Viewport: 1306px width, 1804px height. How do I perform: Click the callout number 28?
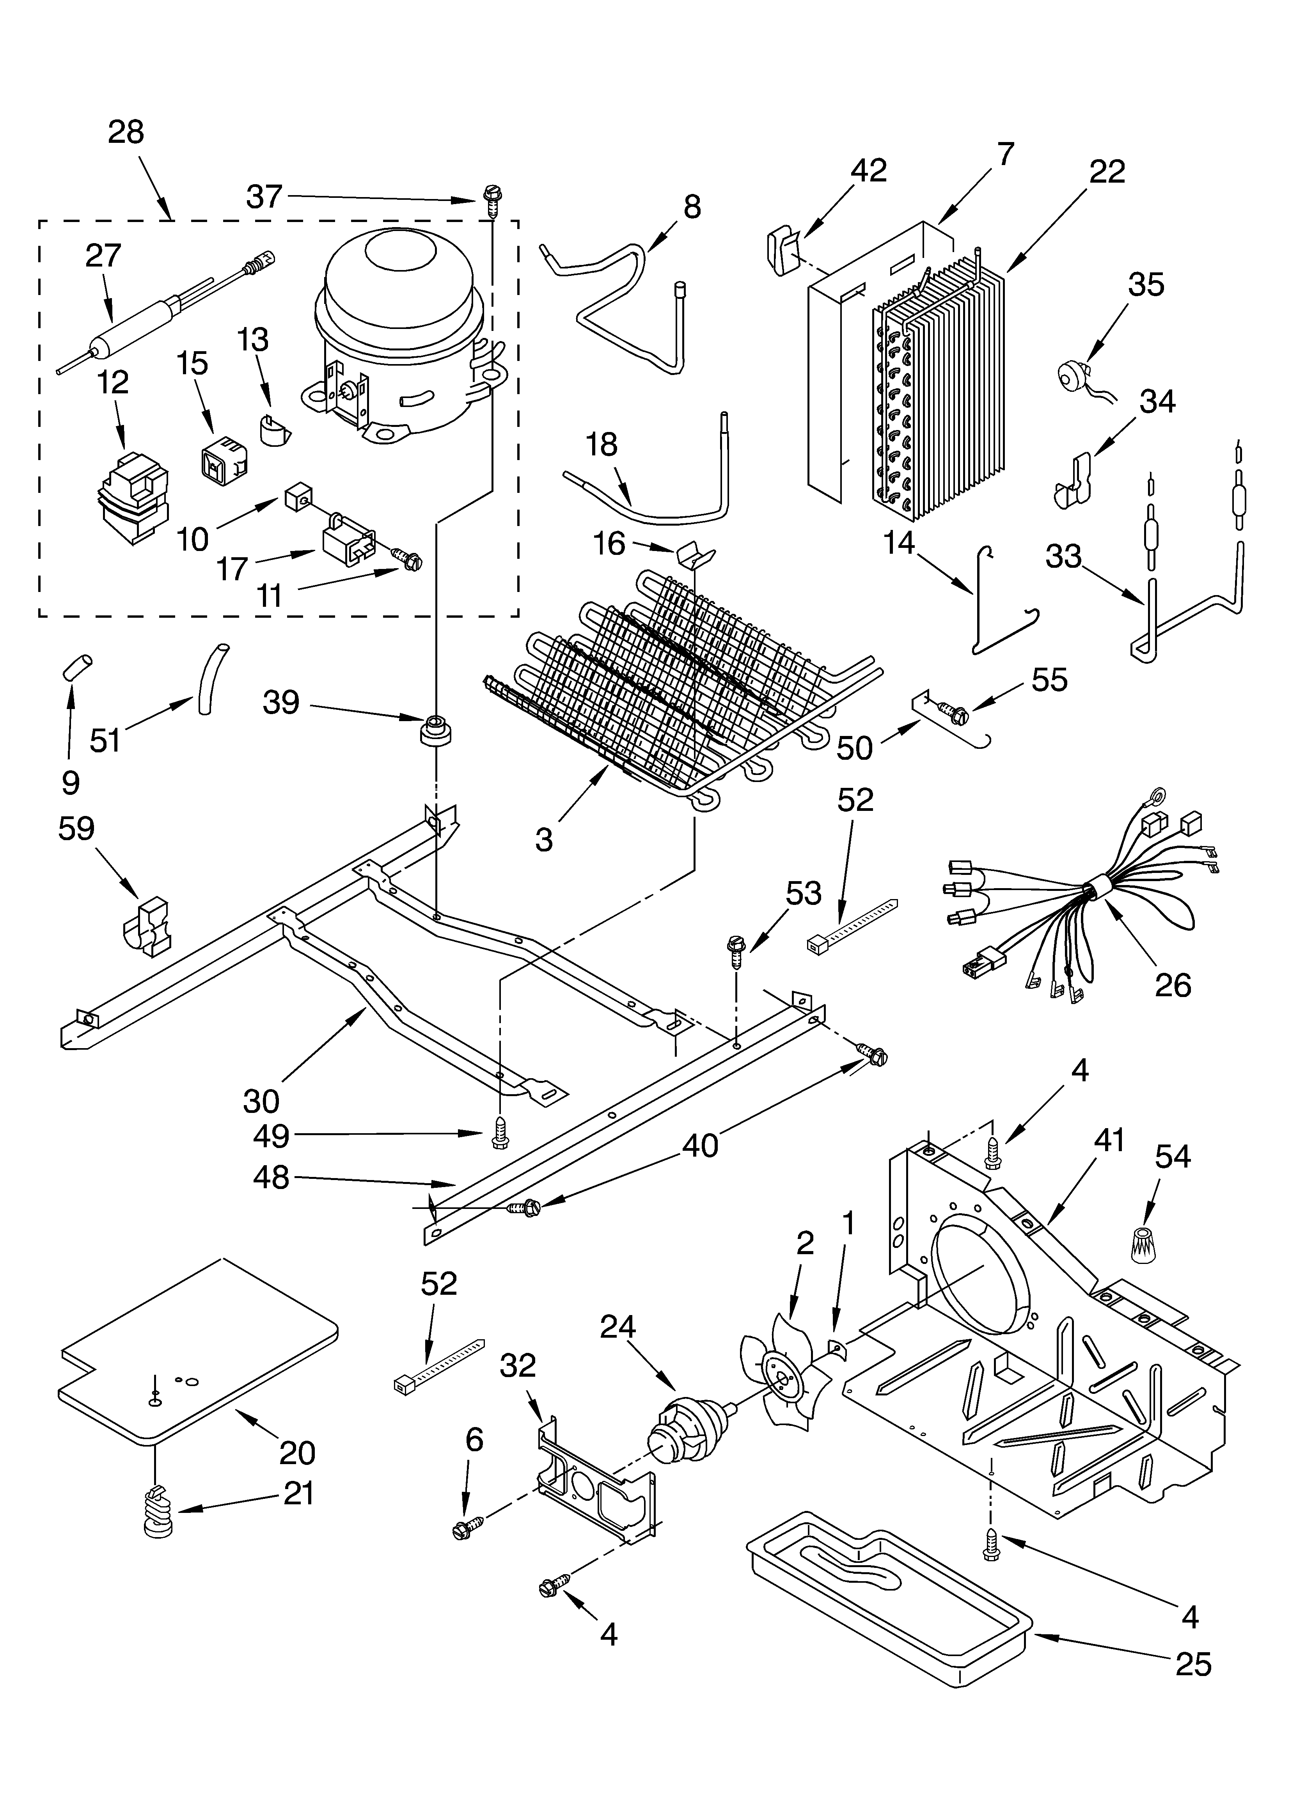pos(126,132)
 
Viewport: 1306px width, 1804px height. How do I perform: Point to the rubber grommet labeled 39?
pos(435,729)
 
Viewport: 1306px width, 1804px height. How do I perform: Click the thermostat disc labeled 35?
pos(1070,374)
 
